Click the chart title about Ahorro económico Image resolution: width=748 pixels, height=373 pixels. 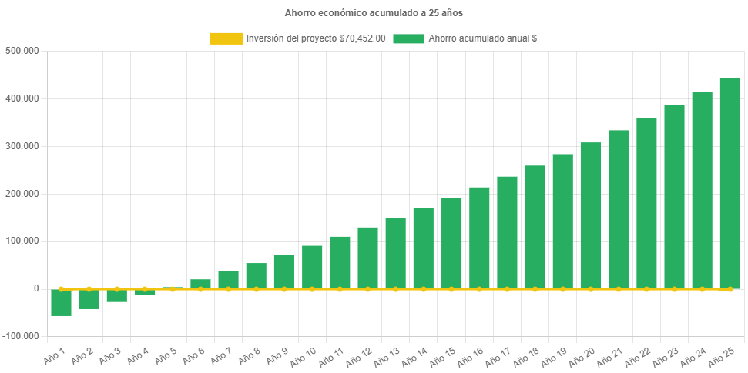point(374,13)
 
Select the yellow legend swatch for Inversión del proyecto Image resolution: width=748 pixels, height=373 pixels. point(225,38)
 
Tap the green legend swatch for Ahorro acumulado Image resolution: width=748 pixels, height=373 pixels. point(408,38)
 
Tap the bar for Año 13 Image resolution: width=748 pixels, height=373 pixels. point(395,253)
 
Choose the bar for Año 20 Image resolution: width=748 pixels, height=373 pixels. point(590,215)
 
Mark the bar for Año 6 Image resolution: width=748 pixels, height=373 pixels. point(200,284)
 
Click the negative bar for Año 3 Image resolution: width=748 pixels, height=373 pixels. point(116,295)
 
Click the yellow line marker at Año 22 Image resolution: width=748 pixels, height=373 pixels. point(646,289)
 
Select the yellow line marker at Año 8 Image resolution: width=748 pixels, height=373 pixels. point(256,289)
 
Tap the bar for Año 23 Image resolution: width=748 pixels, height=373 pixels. point(674,197)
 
